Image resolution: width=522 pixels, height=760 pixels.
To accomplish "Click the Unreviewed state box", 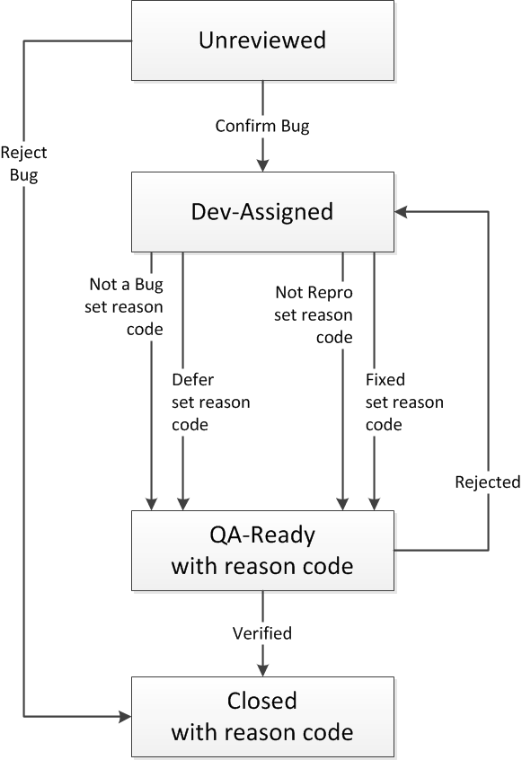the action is coord(262,40).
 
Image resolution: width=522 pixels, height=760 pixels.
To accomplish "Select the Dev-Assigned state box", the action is coord(262,212).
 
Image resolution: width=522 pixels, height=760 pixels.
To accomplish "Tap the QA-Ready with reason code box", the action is coord(262,551).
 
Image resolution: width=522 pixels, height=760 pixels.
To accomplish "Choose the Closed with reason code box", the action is coord(262,717).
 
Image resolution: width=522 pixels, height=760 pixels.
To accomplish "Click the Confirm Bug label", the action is coord(262,126).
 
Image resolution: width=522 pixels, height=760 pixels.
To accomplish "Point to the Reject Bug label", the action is coord(23,163).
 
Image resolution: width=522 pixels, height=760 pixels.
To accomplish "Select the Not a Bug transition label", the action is coord(124,306).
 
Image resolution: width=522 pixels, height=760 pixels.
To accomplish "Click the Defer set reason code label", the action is coord(211,402).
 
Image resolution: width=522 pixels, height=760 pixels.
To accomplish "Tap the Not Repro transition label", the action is coord(314,314).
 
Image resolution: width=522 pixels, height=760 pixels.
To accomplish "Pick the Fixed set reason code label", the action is coord(404,402).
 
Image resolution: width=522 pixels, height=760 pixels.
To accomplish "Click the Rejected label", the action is coord(488,482).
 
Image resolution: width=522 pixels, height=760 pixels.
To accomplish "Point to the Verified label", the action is coord(262,633).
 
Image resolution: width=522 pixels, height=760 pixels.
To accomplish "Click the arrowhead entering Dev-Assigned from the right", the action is coord(401,212).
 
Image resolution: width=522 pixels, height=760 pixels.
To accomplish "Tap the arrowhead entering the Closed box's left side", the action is coord(125,716).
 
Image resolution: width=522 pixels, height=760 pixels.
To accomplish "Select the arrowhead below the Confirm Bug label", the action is coord(262,165).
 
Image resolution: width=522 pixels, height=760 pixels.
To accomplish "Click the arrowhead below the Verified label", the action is coord(262,670).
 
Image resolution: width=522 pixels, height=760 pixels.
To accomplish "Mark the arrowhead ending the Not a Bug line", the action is coord(152,504).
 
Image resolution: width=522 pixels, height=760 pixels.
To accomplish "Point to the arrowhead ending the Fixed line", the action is coord(374,504).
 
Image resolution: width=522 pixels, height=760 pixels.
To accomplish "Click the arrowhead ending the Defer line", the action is coord(182,504).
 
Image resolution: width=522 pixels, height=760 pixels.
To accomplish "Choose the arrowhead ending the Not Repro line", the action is coord(342,504).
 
